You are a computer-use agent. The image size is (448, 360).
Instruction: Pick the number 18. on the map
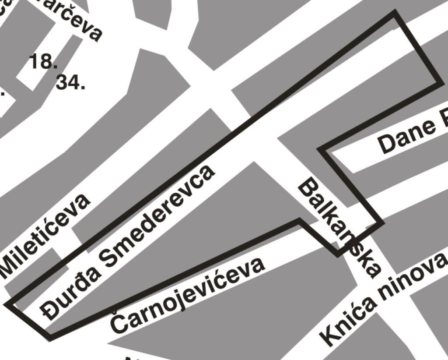pos(43,62)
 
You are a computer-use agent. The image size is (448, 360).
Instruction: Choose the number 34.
pos(70,82)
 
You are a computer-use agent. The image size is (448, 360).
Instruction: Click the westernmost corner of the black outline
pos(7,304)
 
